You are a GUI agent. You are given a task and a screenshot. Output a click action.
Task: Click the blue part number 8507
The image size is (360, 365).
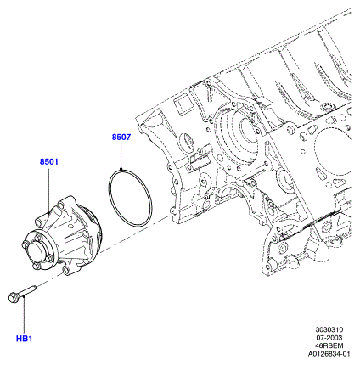pos(121,137)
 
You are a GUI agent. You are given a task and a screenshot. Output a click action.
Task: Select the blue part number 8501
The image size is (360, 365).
pos(48,161)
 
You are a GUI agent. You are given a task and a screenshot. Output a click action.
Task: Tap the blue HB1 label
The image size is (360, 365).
pos(24,339)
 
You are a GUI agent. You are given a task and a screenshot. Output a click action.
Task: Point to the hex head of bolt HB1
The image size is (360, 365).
pos(13,298)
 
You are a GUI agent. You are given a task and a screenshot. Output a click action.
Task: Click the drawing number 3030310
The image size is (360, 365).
pos(329,329)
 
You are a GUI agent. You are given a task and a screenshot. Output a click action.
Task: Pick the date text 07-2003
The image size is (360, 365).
pos(329,338)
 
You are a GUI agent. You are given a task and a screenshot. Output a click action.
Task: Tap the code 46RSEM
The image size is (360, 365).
pos(329,345)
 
